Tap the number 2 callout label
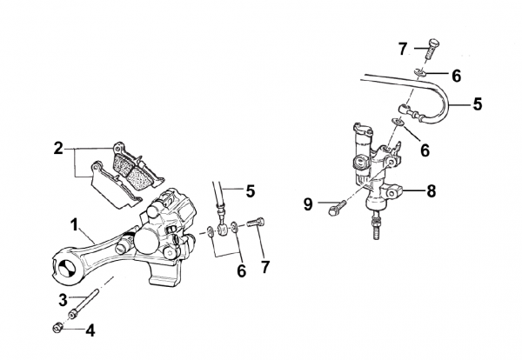(57, 149)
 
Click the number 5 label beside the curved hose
(477, 105)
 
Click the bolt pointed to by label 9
(337, 209)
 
